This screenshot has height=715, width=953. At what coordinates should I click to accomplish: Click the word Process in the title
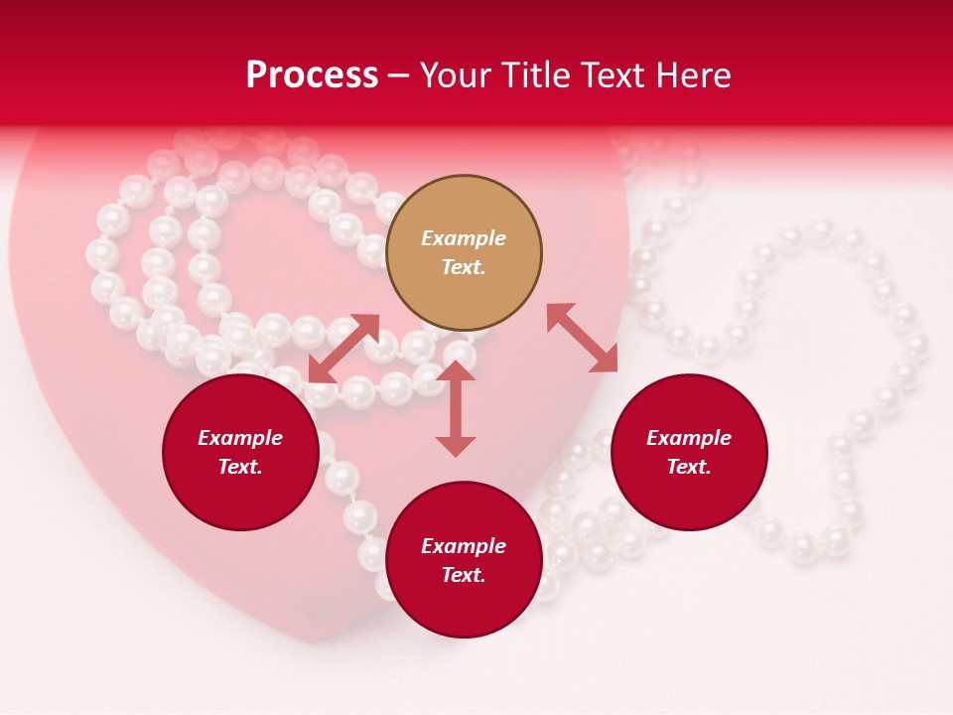click(x=312, y=75)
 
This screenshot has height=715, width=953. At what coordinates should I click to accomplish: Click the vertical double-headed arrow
click(x=456, y=409)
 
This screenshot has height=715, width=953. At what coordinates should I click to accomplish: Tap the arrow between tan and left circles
click(x=344, y=349)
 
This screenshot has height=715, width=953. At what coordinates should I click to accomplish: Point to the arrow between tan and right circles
click(x=583, y=338)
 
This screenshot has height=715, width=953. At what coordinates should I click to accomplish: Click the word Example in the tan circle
click(x=464, y=238)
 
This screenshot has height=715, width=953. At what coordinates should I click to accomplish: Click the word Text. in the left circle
click(x=240, y=467)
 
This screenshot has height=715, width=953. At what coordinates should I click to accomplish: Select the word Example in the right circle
click(x=689, y=438)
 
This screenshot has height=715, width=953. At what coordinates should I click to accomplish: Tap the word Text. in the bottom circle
click(x=464, y=575)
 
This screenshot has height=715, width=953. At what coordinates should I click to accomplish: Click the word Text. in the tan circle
click(x=464, y=267)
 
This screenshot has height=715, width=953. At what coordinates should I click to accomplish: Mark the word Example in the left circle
click(x=240, y=438)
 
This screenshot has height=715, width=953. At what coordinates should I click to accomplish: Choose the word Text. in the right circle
click(x=689, y=467)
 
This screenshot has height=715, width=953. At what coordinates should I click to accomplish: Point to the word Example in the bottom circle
click(x=464, y=546)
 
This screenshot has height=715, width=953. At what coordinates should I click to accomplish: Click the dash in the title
click(x=399, y=76)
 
